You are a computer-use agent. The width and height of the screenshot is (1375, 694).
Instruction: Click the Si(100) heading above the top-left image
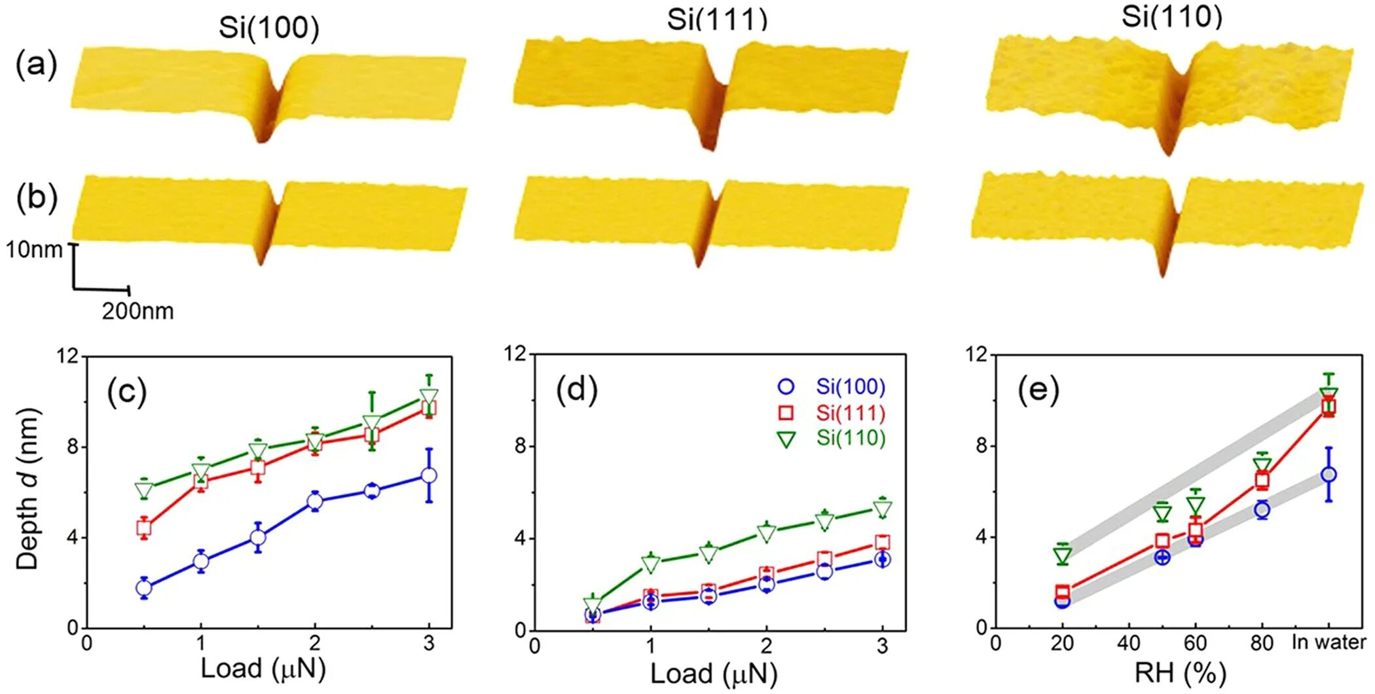(x=268, y=28)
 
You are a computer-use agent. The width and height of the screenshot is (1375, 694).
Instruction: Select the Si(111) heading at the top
(x=717, y=20)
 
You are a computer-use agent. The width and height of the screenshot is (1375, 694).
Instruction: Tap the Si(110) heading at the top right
(x=1171, y=16)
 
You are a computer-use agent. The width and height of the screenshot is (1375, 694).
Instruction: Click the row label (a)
(x=37, y=65)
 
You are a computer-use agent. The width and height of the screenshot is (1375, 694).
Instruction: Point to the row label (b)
(x=37, y=197)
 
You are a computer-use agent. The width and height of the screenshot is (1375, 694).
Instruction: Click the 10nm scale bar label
(x=34, y=249)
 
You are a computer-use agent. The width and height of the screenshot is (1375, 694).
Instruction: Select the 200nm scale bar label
(x=137, y=311)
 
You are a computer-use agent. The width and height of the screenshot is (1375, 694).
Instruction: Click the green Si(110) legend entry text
(x=851, y=438)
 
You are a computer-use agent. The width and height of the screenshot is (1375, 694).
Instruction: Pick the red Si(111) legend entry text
(x=851, y=413)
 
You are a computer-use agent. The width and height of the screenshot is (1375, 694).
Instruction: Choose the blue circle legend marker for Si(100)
(x=786, y=387)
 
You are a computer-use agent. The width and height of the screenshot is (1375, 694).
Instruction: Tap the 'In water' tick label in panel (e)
(x=1329, y=642)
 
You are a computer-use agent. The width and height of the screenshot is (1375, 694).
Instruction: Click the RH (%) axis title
(x=1179, y=673)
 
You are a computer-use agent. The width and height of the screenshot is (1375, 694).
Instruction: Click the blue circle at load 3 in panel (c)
(x=429, y=476)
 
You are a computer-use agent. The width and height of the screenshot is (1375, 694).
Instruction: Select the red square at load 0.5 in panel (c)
(x=144, y=527)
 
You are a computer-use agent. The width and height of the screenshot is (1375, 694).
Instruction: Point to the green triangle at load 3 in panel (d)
(x=883, y=509)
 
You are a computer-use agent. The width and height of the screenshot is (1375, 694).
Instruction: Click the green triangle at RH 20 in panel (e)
(x=1063, y=556)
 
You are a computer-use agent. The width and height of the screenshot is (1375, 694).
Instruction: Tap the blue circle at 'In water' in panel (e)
(x=1329, y=475)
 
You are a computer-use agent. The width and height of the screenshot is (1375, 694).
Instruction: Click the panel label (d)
(x=576, y=391)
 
